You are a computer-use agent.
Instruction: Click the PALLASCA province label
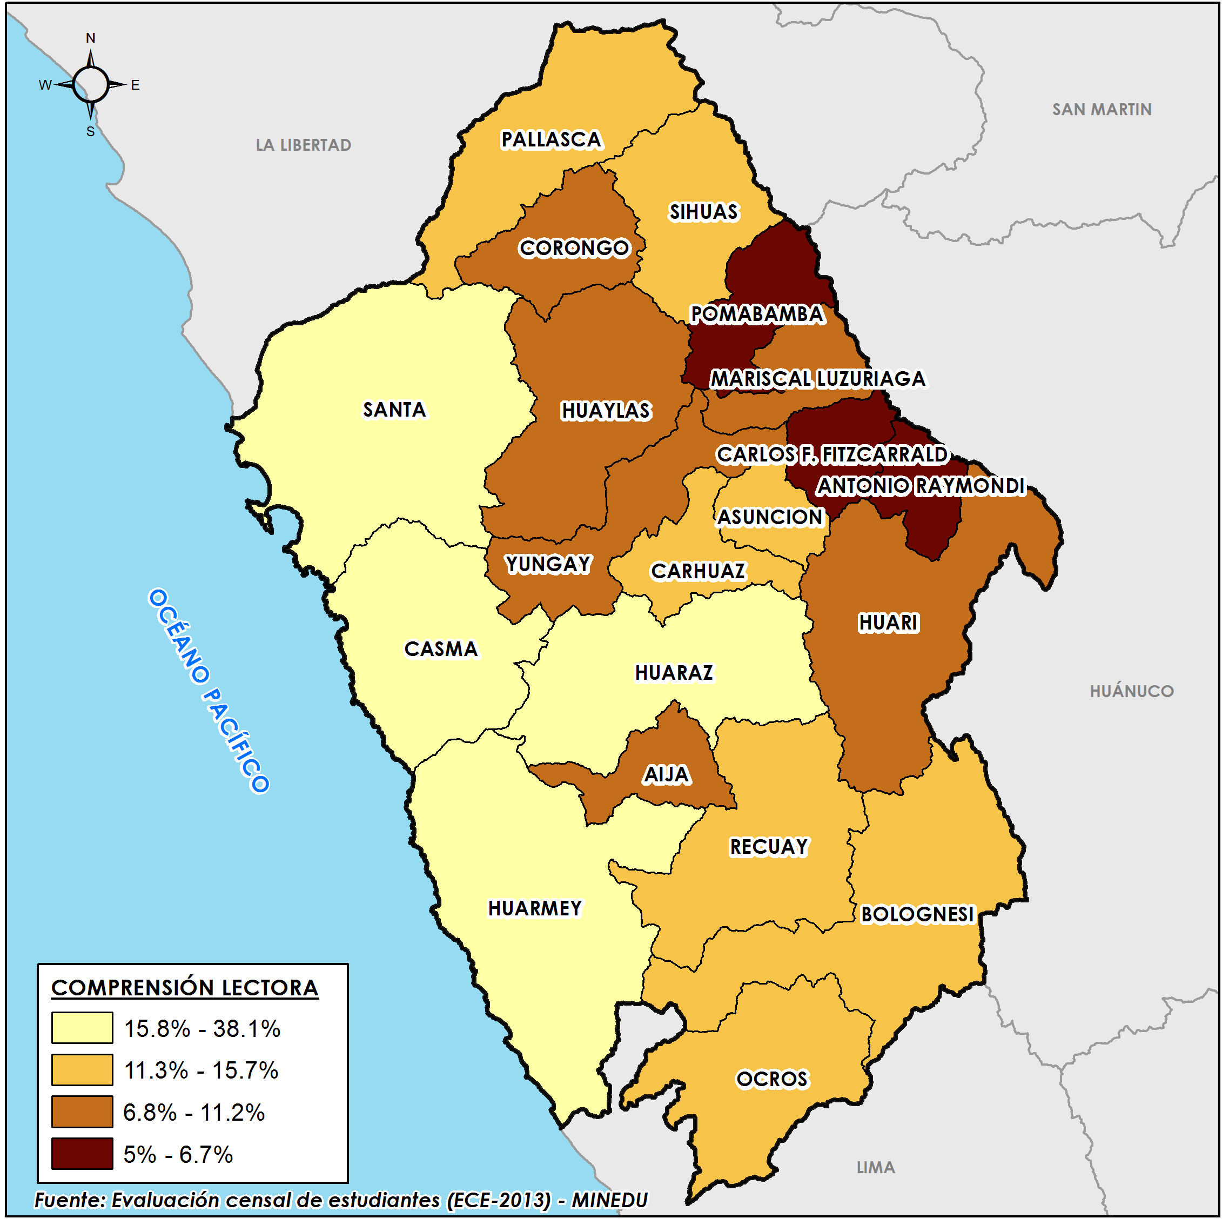pos(551,139)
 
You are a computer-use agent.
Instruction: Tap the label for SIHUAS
pos(703,212)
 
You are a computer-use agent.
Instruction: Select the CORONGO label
pos(574,248)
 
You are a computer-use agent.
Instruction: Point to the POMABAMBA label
pos(757,314)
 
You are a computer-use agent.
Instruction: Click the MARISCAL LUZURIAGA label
pos(817,379)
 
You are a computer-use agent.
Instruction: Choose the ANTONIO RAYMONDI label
pos(921,486)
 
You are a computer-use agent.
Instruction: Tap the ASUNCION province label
pos(769,517)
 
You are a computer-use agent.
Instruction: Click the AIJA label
pos(666,775)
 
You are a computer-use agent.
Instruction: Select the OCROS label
pos(772,1080)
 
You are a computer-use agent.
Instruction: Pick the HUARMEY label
pos(534,908)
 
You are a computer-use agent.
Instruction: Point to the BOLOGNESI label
pos(917,914)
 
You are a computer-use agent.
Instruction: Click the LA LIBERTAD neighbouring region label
pos(303,145)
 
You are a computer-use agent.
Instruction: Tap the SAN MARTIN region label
pos(1102,110)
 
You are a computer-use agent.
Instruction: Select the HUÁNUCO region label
pos(1131,691)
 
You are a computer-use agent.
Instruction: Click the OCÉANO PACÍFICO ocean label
pos(209,691)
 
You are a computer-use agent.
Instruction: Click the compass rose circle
pos(91,84)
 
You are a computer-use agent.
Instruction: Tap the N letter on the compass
pos(91,38)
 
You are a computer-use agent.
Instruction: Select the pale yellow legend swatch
pos(83,1028)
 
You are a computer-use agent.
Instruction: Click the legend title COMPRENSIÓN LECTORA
pos(184,988)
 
